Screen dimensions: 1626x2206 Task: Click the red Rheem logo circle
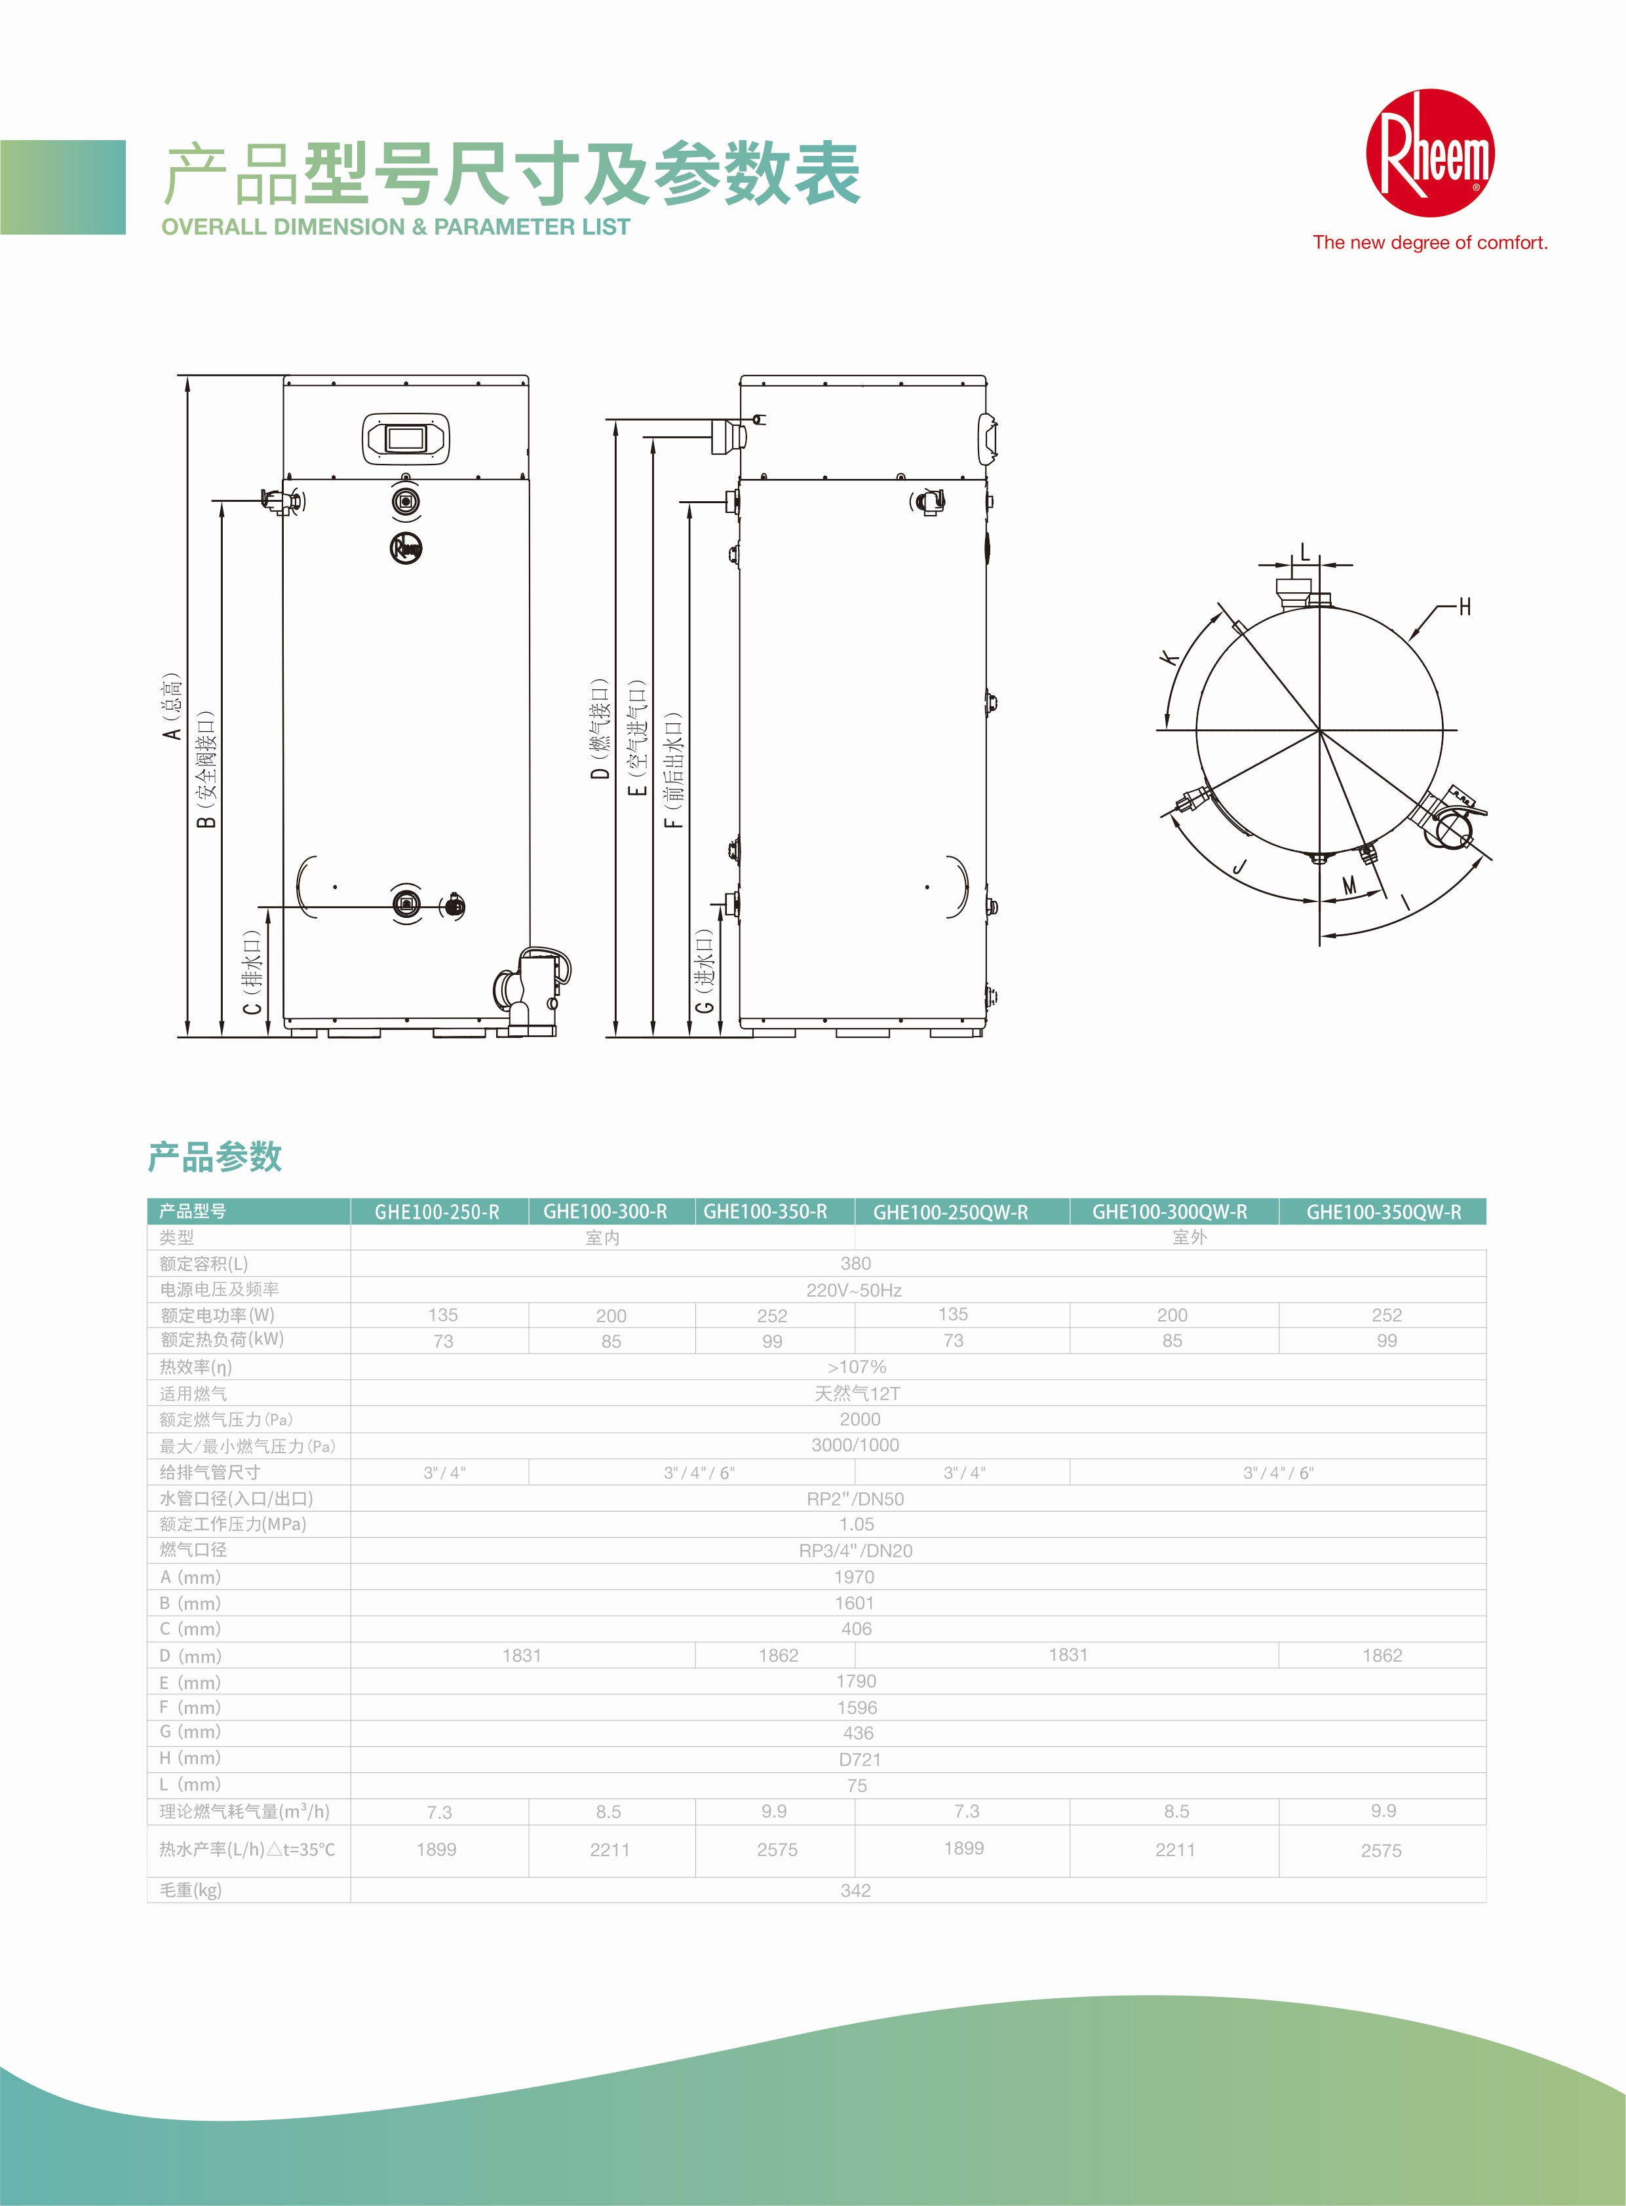coord(1429,153)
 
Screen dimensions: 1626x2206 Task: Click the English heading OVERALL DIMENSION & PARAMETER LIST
coord(396,227)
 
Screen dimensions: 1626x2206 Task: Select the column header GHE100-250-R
coord(437,1212)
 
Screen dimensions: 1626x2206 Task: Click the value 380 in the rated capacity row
coord(855,1263)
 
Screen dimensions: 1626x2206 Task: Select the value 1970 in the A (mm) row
coord(855,1576)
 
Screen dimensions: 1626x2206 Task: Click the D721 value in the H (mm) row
coord(859,1759)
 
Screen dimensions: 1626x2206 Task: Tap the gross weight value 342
coord(855,1890)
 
